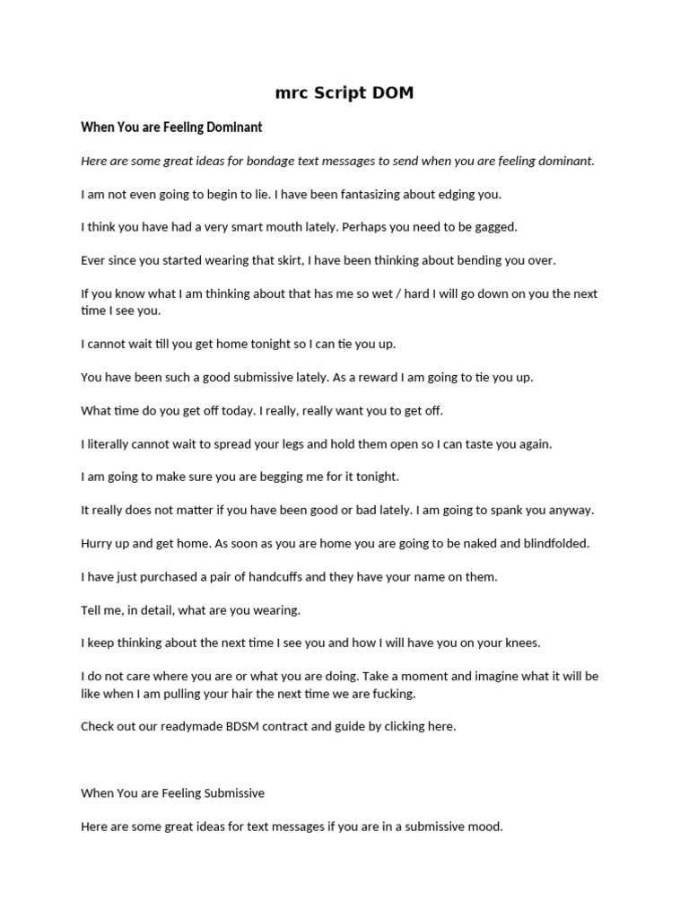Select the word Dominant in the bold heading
[x=230, y=127]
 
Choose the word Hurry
[x=98, y=543]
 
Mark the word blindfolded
[x=552, y=543]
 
